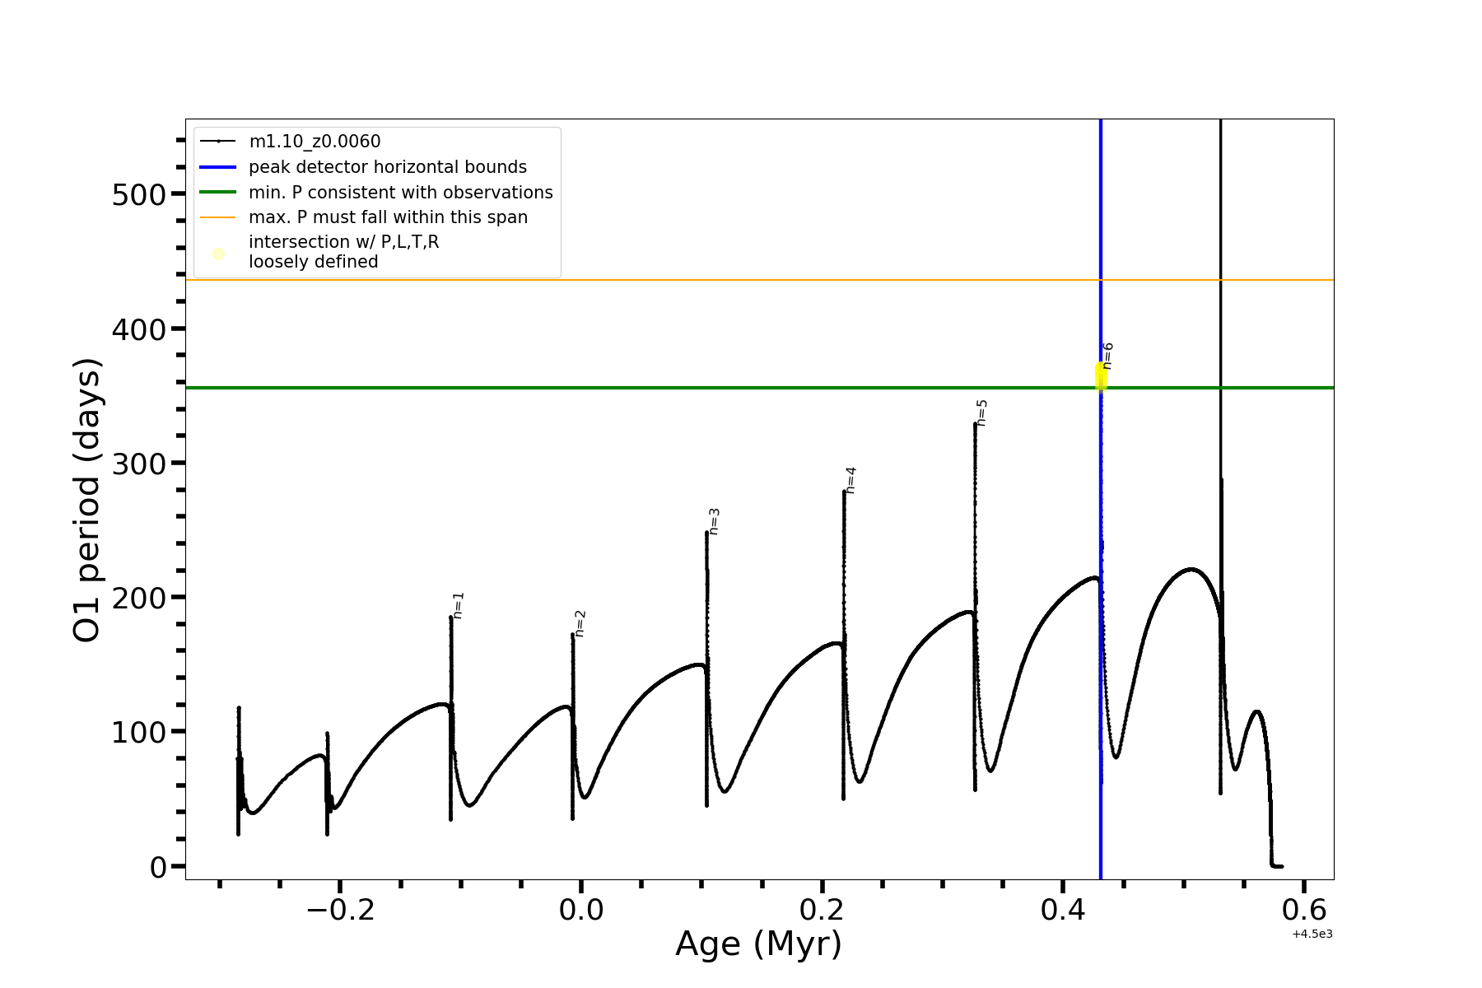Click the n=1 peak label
click(459, 605)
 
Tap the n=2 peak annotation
click(580, 623)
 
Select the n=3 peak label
click(714, 522)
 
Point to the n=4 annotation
click(851, 480)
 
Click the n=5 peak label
click(981, 413)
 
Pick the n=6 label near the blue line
click(1107, 356)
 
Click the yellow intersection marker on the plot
click(1101, 376)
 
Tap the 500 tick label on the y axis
click(138, 195)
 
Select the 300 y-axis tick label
click(138, 464)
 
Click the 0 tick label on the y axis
click(158, 868)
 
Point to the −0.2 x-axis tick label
click(340, 911)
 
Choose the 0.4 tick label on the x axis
click(1063, 911)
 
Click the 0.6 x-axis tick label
click(1304, 911)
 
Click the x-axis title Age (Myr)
click(758, 944)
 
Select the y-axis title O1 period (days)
click(87, 500)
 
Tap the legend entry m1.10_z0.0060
click(315, 142)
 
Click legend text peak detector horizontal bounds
click(387, 167)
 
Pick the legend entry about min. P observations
click(400, 193)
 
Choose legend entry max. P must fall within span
click(388, 217)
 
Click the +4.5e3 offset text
click(1312, 934)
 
